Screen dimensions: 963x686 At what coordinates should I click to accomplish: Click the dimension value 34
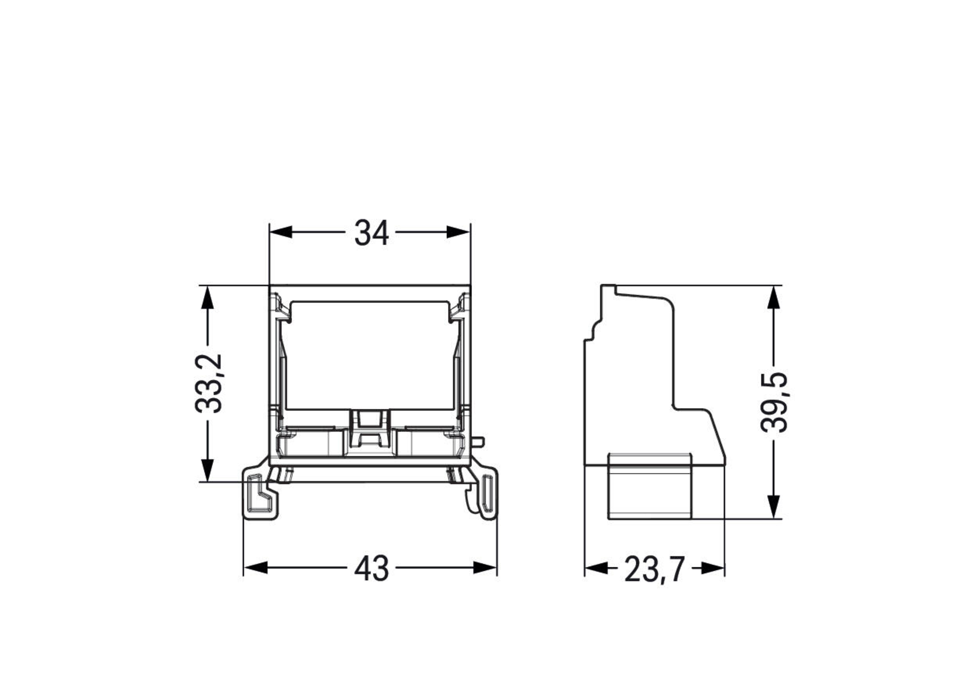pyautogui.click(x=371, y=233)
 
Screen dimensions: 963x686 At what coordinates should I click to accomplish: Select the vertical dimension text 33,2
pyautogui.click(x=208, y=383)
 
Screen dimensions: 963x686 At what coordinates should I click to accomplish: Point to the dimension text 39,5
pyautogui.click(x=774, y=402)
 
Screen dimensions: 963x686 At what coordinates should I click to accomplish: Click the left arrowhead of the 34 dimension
pyautogui.click(x=281, y=232)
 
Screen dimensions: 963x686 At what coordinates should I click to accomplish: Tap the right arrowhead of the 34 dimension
pyautogui.click(x=458, y=232)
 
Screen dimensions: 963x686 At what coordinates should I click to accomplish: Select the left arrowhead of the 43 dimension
pyautogui.click(x=256, y=568)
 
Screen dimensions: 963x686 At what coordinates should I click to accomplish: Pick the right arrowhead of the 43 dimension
pyautogui.click(x=485, y=568)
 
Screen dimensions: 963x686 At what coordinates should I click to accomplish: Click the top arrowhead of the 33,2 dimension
pyautogui.click(x=207, y=297)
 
